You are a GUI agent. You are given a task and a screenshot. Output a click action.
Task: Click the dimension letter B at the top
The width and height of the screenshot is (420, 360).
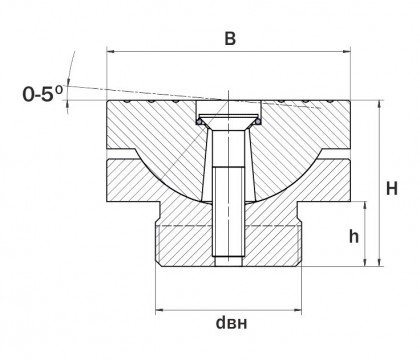(x=230, y=39)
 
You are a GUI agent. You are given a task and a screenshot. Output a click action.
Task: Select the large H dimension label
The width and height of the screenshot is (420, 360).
(x=392, y=189)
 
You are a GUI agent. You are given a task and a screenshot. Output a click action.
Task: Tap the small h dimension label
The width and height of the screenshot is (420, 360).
(x=354, y=236)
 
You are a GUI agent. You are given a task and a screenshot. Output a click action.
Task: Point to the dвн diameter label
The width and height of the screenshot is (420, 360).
(x=232, y=323)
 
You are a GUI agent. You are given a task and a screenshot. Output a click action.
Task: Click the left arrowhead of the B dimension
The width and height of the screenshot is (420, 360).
(x=111, y=51)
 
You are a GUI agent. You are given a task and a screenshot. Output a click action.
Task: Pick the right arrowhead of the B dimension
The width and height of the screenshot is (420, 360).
(x=346, y=51)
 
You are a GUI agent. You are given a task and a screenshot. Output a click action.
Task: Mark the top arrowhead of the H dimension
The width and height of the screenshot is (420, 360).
(x=379, y=104)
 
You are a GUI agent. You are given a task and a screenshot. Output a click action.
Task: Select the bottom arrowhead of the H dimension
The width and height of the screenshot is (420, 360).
(x=379, y=262)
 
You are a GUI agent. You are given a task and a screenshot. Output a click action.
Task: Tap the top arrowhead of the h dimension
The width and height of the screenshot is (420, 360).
(x=365, y=206)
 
